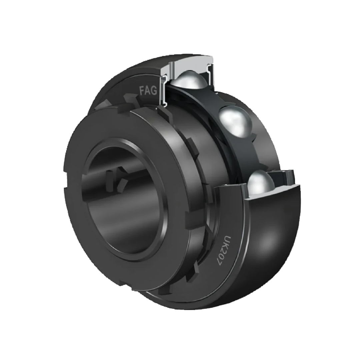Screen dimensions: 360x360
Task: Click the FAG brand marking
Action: (x=148, y=90)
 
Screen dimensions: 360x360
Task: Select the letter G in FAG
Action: (x=154, y=91)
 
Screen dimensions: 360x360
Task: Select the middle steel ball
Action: (x=235, y=121)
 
